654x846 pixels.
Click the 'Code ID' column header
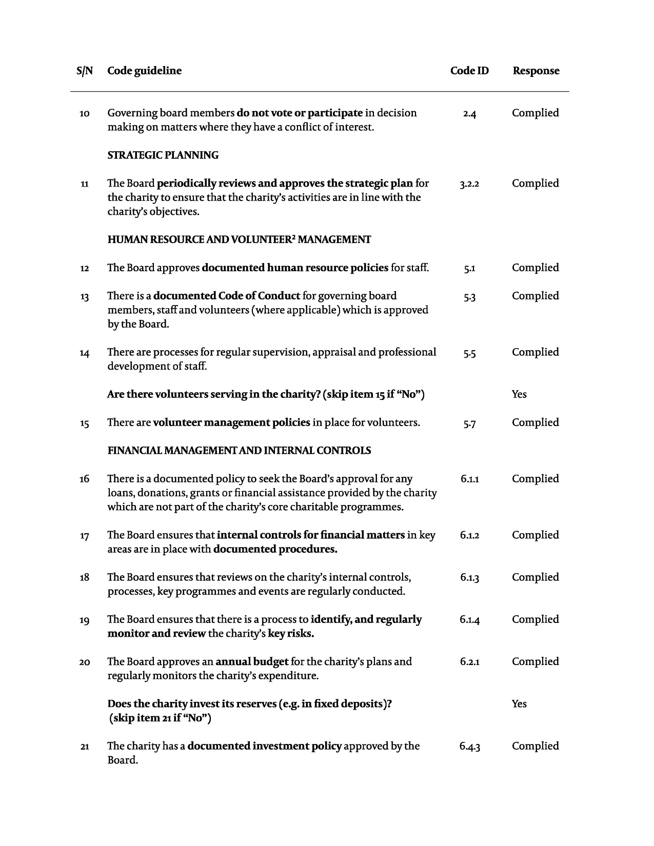tap(469, 71)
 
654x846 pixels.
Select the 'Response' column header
tap(536, 71)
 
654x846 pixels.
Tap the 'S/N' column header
tap(85, 71)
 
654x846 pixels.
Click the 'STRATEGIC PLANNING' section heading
tap(163, 155)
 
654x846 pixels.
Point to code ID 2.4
tap(469, 114)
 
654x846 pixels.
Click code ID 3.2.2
tap(469, 184)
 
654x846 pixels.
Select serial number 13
tap(85, 297)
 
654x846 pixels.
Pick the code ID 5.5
tap(469, 353)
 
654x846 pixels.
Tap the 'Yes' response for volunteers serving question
tap(519, 394)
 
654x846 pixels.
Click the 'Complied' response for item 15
tap(535, 422)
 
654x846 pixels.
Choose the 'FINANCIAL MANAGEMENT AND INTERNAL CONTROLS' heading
tap(239, 451)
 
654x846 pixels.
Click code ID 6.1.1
tap(469, 479)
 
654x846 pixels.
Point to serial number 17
tap(85, 536)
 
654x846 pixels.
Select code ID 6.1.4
tap(469, 620)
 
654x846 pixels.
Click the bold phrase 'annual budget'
tap(252, 661)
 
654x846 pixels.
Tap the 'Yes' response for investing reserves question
tap(519, 704)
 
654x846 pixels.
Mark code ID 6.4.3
tap(469, 747)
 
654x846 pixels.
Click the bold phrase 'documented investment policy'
tap(264, 746)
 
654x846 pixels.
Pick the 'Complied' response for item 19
tap(535, 619)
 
